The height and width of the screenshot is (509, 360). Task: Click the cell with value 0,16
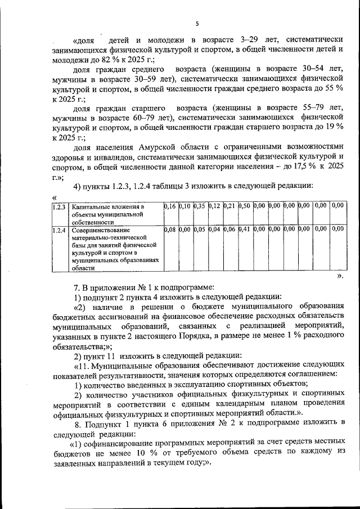tap(169, 207)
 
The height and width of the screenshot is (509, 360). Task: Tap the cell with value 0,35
tap(199, 207)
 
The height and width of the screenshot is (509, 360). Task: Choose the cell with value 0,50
tap(244, 207)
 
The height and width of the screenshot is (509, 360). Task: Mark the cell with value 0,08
tap(169, 229)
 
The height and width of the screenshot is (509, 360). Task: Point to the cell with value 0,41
tap(244, 229)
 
